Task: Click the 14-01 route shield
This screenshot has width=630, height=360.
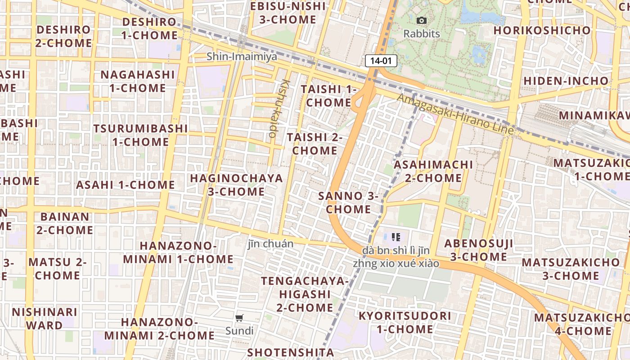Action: pos(381,61)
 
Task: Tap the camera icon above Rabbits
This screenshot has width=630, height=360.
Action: pos(422,20)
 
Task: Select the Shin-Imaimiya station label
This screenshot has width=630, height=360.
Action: pos(242,57)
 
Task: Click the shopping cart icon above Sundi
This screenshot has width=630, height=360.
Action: pos(239,318)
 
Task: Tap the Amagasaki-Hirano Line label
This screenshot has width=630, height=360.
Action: pos(455,114)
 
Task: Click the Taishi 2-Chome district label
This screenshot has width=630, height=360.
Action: pos(315,144)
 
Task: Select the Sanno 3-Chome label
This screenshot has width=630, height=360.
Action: pos(349,202)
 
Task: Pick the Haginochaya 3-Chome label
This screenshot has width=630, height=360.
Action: pos(236,184)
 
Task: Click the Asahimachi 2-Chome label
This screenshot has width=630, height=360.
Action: pos(433,171)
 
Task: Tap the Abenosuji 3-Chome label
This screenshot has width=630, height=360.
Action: pos(479,250)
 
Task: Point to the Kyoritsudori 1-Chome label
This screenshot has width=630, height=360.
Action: pos(405,322)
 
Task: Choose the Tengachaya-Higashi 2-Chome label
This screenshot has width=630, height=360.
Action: pos(305,294)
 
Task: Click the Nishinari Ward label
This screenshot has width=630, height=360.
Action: pos(45,318)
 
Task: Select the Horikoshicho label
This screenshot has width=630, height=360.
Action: pos(542,30)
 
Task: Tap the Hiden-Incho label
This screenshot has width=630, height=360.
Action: pos(566,81)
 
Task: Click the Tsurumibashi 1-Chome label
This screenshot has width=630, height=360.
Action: pos(140,135)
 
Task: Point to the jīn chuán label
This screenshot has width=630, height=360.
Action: pos(271,244)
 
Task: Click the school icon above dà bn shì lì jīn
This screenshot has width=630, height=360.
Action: pos(396,237)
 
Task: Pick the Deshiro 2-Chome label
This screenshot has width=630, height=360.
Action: pos(64,36)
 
